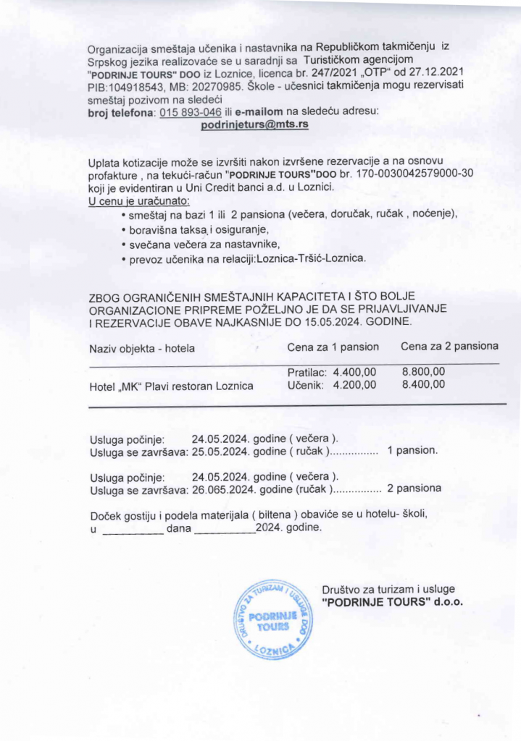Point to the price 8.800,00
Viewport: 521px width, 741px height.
pos(423,372)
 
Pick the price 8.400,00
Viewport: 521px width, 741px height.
pos(423,385)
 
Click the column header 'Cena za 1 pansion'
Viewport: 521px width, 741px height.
pos(333,347)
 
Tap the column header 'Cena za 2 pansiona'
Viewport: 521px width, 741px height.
pos(449,347)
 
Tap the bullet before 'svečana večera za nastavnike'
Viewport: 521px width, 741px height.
pos(125,245)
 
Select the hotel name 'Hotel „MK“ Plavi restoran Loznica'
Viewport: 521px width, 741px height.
pos(171,386)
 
